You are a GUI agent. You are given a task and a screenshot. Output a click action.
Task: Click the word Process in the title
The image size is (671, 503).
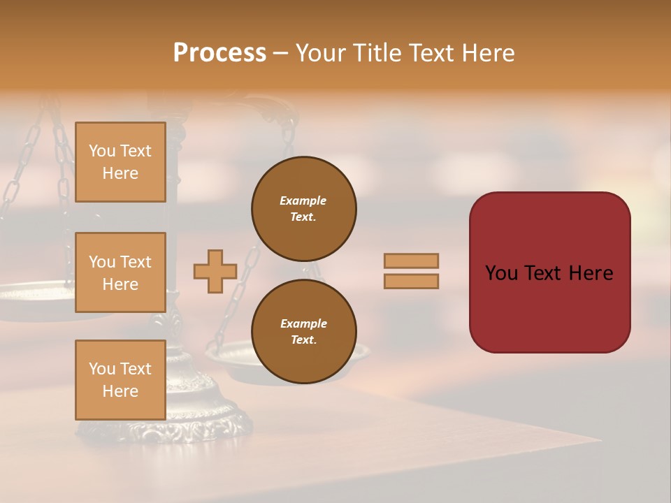tap(219, 53)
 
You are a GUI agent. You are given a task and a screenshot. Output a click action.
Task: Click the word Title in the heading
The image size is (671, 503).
tap(377, 53)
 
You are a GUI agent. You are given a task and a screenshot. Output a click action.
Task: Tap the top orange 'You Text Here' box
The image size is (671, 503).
tap(120, 162)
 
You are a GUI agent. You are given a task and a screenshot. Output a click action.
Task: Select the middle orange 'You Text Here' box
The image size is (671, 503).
tap(120, 272)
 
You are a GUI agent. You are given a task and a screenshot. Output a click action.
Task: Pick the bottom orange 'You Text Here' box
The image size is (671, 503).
tap(120, 380)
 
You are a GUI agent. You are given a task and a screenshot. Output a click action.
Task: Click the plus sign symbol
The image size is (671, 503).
tap(215, 271)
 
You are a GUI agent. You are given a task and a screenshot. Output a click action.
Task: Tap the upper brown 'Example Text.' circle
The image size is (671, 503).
tap(303, 209)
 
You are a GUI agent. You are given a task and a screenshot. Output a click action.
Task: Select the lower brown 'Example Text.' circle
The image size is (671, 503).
tap(303, 332)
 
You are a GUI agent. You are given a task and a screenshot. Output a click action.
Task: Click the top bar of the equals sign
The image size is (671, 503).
tap(411, 261)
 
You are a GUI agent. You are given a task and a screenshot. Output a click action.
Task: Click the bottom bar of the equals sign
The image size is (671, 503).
tap(411, 281)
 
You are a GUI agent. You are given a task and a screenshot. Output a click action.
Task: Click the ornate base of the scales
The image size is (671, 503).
tap(210, 419)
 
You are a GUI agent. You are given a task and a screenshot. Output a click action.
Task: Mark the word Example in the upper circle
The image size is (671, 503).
tap(303, 201)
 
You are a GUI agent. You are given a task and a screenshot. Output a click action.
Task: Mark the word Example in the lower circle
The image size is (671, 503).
tap(303, 323)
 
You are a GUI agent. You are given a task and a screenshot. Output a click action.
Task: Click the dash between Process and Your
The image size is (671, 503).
tap(280, 54)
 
